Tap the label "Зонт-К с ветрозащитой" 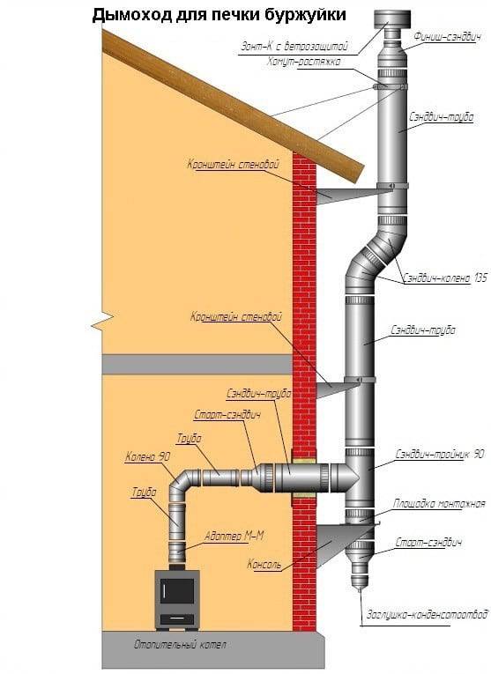tap(295, 45)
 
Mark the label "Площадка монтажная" tap(442, 504)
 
